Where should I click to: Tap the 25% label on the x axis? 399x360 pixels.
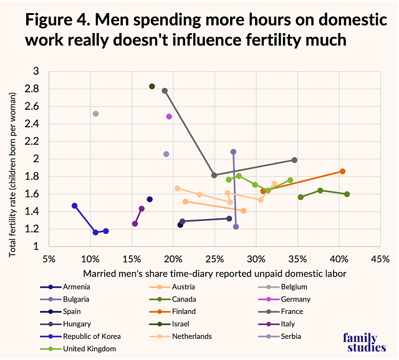(214, 259)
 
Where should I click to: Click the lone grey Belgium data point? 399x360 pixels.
(95, 114)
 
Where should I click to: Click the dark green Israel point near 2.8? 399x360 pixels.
(151, 86)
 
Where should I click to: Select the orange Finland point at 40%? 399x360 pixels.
(342, 171)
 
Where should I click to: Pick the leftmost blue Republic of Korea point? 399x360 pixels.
(75, 206)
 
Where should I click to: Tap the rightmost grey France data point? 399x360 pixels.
(294, 160)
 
